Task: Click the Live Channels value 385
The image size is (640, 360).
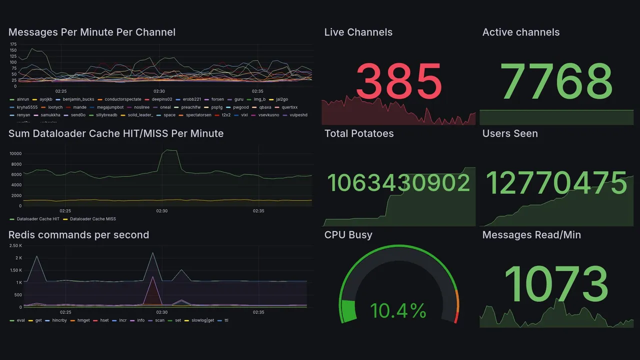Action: pos(399,81)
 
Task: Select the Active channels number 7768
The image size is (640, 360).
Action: pos(556,81)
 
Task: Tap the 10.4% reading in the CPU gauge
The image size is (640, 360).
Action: pos(398,311)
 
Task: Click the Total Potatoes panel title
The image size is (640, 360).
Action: pos(358,133)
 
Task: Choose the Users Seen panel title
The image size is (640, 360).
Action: pos(509,133)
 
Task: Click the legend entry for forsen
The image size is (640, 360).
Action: pos(217,99)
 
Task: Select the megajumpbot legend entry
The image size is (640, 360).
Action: pos(109,107)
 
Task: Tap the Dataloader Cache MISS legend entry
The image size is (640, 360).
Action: pos(92,219)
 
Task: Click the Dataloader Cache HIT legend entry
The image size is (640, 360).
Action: pos(37,219)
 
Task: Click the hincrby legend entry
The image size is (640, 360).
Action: pos(58,320)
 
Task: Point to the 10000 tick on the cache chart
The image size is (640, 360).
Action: pos(15,153)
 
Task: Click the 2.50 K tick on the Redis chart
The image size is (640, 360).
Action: pos(15,245)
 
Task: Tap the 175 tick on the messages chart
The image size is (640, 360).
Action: pos(13,44)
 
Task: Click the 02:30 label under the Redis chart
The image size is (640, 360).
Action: pos(161,312)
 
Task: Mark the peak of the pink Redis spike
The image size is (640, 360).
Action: pos(152,276)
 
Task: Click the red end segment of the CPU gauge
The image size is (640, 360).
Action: pos(455,317)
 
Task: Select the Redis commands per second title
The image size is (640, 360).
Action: pos(78,235)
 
